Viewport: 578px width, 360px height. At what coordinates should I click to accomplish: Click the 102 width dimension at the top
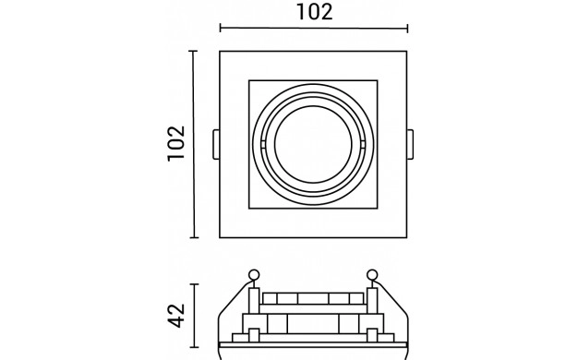[315, 12]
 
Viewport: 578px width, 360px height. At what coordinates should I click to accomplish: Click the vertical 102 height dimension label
[176, 143]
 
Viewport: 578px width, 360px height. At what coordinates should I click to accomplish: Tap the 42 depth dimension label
[176, 316]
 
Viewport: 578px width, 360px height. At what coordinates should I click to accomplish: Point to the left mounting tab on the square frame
[216, 144]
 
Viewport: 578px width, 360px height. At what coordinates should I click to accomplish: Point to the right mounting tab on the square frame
[410, 144]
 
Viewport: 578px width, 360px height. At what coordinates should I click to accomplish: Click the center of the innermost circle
[313, 144]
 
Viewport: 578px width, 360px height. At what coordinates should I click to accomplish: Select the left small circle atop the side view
[254, 275]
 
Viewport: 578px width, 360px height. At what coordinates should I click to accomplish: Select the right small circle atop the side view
[372, 275]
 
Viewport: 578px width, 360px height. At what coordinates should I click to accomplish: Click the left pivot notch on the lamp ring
[263, 144]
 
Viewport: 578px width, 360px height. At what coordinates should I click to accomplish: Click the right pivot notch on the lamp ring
[364, 144]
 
